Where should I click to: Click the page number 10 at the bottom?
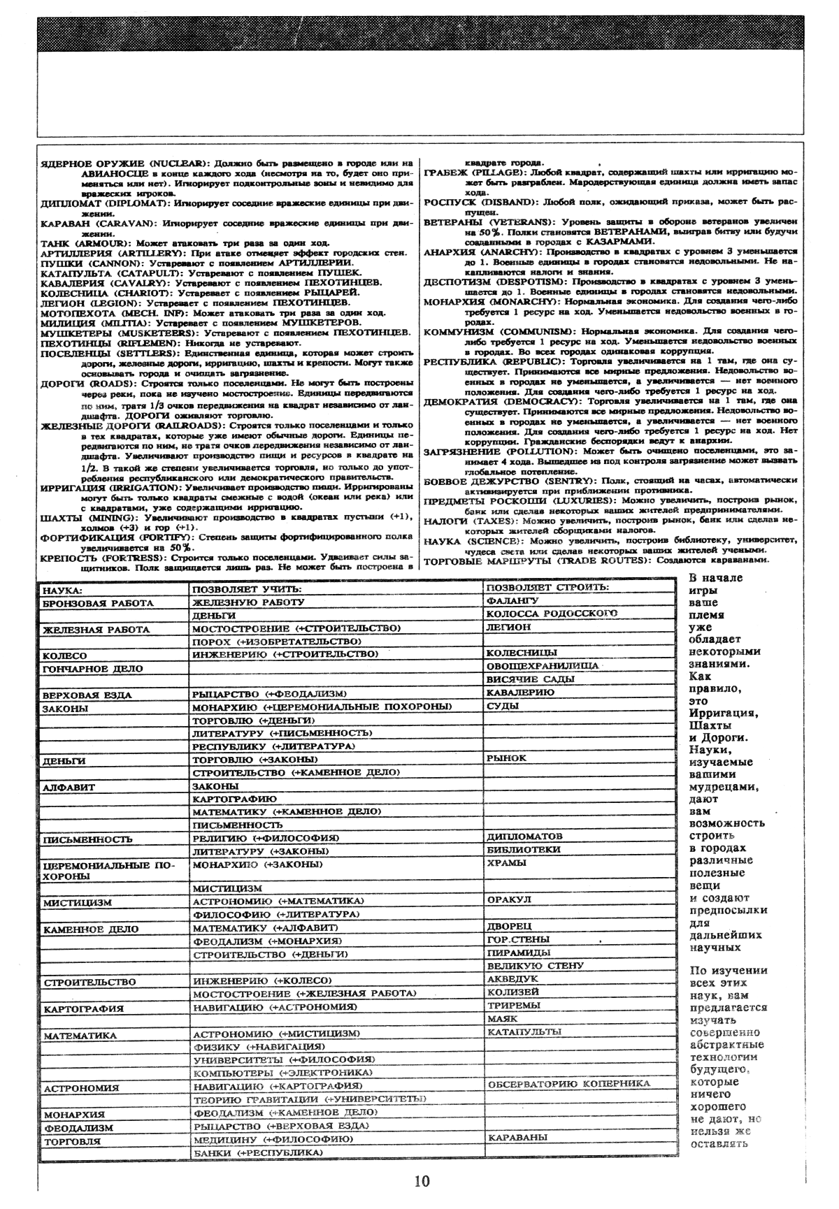pos(422,1182)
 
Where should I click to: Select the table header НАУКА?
pos(63,591)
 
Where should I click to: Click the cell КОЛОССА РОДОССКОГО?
pos(552,614)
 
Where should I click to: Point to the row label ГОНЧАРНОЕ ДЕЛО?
pos(92,669)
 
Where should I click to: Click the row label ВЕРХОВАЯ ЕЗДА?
pos(87,695)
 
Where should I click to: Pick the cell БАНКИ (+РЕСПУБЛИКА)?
pos(253,1152)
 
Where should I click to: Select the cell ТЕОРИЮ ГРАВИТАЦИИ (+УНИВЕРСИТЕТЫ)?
pos(310,1099)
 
